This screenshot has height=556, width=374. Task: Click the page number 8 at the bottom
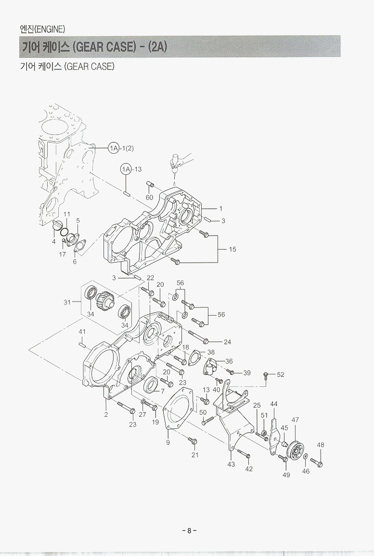click(x=189, y=531)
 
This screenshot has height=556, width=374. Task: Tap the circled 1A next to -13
click(x=126, y=169)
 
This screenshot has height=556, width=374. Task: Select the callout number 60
click(x=150, y=198)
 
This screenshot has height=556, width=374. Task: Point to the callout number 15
click(x=232, y=250)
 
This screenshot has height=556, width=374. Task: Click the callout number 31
click(x=67, y=302)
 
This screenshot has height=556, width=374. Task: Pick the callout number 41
click(x=82, y=331)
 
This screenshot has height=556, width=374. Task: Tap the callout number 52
click(x=281, y=374)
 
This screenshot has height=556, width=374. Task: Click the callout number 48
click(x=321, y=445)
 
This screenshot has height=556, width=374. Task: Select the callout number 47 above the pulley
click(x=295, y=420)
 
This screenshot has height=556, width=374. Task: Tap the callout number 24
click(x=228, y=342)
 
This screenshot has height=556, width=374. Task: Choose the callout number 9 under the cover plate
click(x=168, y=442)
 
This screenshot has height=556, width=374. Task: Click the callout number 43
click(x=231, y=465)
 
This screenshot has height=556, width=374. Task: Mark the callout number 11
click(x=67, y=214)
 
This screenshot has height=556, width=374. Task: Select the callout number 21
click(x=195, y=455)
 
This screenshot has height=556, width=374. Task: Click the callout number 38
click(x=211, y=352)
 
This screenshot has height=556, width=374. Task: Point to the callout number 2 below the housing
click(x=106, y=414)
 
